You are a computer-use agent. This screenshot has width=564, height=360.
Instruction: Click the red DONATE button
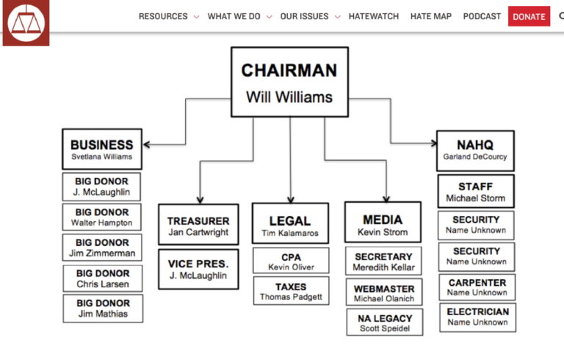click(529, 16)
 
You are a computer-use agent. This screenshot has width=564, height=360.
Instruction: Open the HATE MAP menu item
click(431, 16)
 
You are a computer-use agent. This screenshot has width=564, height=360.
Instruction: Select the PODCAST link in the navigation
click(482, 16)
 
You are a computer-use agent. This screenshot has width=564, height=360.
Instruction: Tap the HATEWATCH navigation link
click(375, 16)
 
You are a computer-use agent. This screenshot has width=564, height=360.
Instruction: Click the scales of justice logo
click(26, 23)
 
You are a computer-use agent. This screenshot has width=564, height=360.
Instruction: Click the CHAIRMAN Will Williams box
click(289, 82)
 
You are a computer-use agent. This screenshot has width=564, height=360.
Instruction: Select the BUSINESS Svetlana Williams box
click(102, 149)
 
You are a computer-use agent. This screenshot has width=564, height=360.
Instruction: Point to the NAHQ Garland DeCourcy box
click(475, 151)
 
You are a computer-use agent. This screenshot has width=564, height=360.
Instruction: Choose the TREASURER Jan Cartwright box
click(198, 226)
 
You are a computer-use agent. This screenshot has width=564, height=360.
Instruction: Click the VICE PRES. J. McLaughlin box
click(198, 269)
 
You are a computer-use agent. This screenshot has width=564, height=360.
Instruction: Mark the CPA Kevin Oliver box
click(291, 262)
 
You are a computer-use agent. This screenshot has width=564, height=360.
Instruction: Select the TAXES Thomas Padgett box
click(291, 291)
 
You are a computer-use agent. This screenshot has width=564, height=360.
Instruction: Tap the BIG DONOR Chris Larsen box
click(103, 278)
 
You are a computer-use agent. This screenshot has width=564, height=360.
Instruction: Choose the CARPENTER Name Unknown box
click(477, 287)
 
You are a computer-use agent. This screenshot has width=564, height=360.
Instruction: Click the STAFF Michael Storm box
click(475, 192)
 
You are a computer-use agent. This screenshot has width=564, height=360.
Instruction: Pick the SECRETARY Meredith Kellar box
click(383, 262)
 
